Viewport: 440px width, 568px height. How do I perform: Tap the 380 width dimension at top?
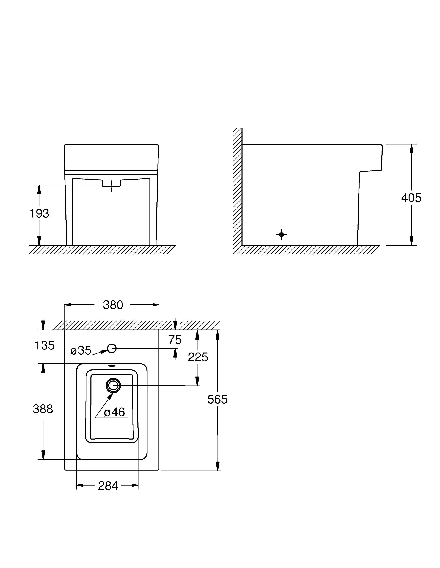point(113,305)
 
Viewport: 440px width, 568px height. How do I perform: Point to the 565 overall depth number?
point(217,399)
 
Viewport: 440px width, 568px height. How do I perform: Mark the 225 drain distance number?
point(198,357)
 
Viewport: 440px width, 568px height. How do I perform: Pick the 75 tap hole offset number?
point(175,340)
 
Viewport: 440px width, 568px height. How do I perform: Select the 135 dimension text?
point(45,346)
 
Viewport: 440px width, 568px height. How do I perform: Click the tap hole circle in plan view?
point(112,348)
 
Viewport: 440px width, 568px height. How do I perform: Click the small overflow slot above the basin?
point(112,366)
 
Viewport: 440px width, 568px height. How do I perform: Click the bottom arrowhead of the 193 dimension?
point(39,241)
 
